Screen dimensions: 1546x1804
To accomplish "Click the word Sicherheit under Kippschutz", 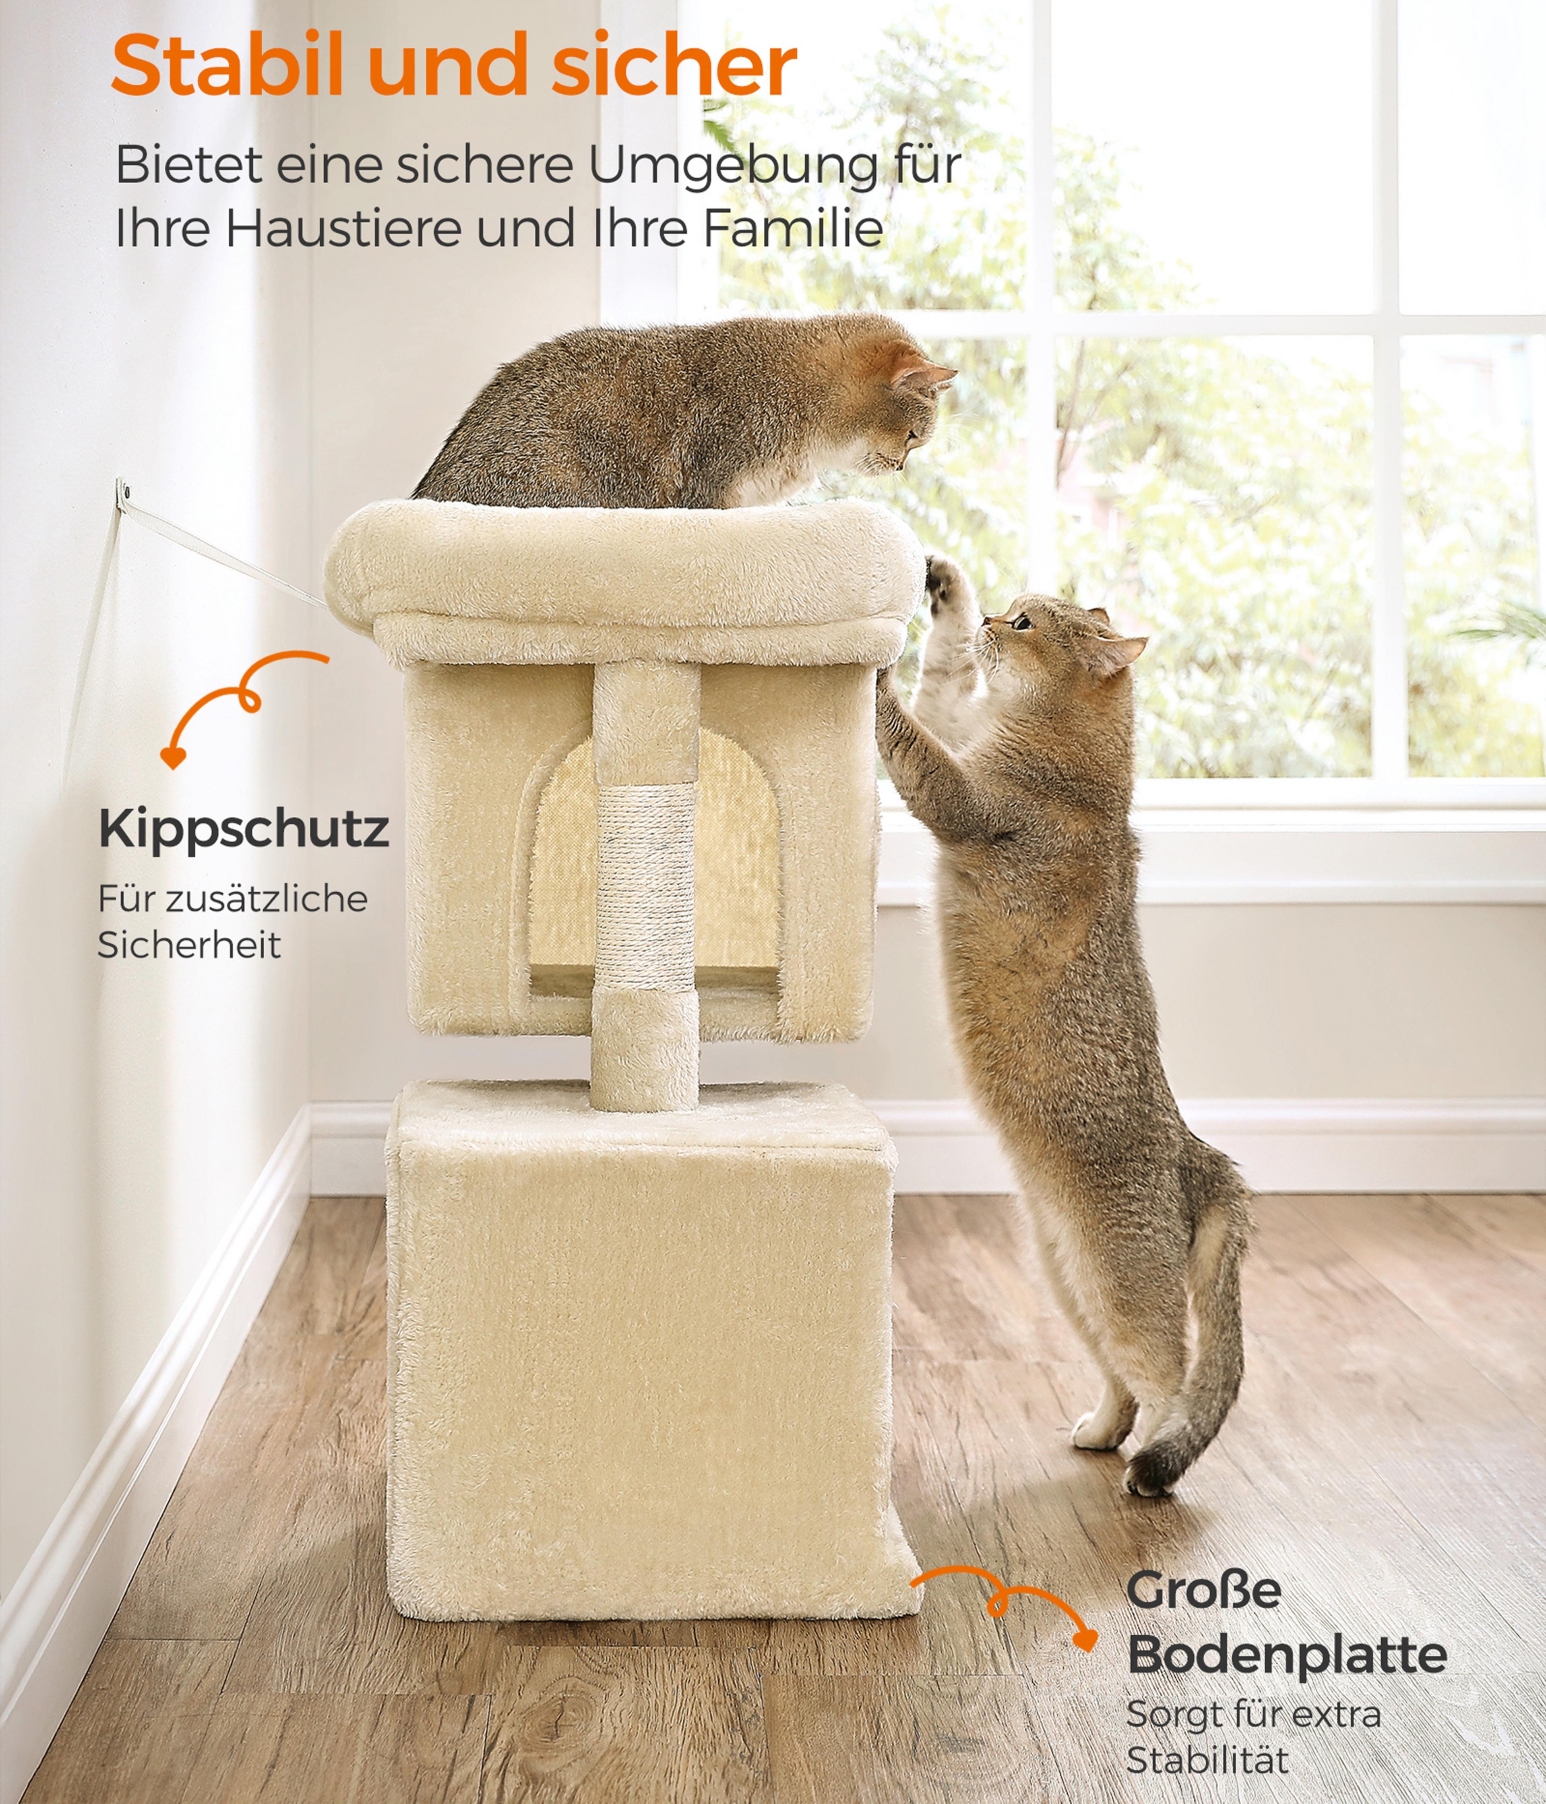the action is (x=189, y=945).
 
